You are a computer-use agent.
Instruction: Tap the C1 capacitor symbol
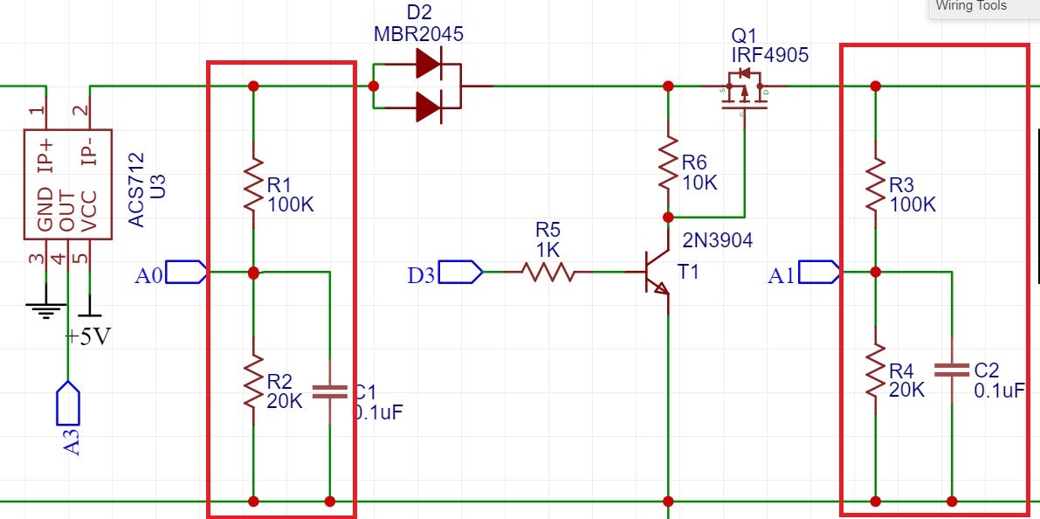click(x=329, y=391)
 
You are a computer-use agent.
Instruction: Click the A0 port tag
click(x=185, y=273)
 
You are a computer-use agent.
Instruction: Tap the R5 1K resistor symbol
click(x=548, y=273)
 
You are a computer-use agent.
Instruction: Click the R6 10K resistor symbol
click(x=668, y=163)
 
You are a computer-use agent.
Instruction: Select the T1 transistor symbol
click(x=654, y=273)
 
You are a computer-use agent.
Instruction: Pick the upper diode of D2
click(x=428, y=64)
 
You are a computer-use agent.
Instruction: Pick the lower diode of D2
click(x=428, y=107)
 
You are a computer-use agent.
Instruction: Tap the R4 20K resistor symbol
click(x=875, y=373)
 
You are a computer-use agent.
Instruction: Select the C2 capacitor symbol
click(x=951, y=370)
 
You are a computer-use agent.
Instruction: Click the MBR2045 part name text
click(x=418, y=35)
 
